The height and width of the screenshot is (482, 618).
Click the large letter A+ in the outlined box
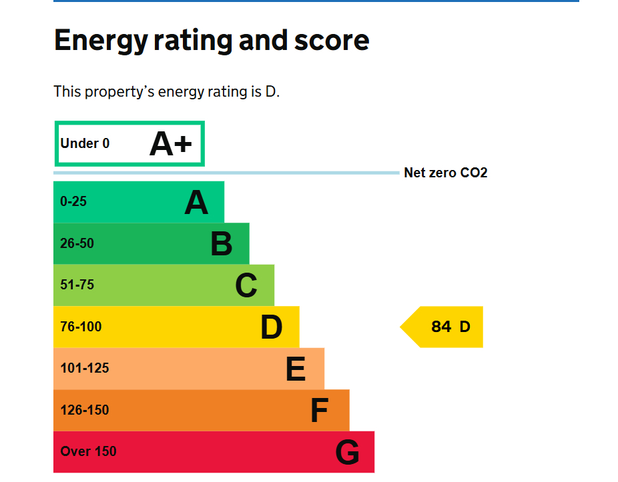(x=171, y=143)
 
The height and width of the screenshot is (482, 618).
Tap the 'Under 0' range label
(x=85, y=143)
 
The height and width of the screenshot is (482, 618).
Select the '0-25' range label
(x=73, y=201)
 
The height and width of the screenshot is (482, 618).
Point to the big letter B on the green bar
(x=221, y=244)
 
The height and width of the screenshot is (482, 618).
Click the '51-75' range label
(x=77, y=285)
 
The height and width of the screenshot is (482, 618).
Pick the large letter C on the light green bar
(x=246, y=286)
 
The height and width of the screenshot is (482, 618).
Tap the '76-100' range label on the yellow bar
(x=81, y=327)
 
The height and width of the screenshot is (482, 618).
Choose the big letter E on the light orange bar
(x=296, y=369)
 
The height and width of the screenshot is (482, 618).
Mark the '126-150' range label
(x=84, y=410)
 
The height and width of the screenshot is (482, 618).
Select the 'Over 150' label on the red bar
(x=88, y=451)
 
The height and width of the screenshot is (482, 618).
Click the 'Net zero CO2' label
(x=446, y=173)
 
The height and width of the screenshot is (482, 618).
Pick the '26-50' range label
(x=77, y=243)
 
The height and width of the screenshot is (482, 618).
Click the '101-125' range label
(x=84, y=368)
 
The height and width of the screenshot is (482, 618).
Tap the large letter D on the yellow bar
(x=272, y=327)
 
